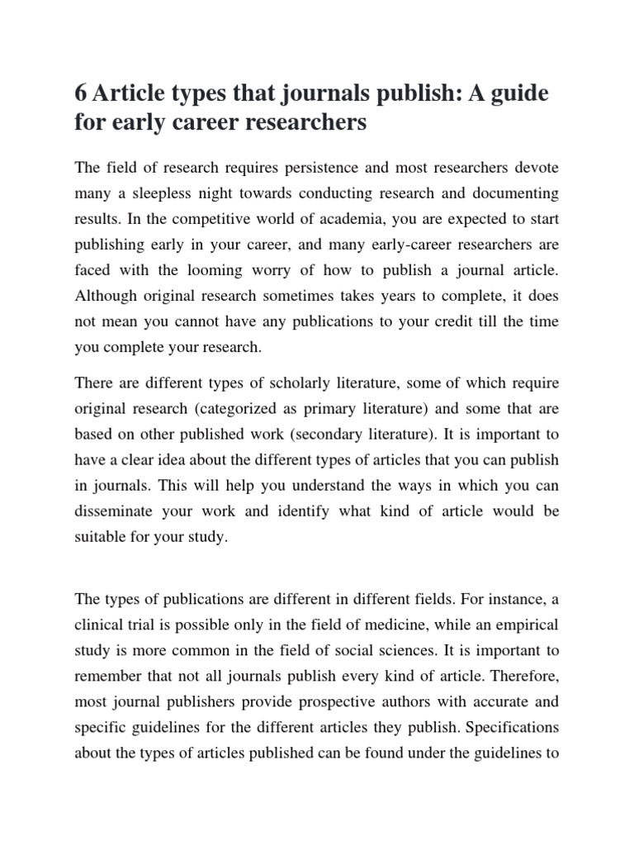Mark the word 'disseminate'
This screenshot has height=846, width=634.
[x=118, y=511]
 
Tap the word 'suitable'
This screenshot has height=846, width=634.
[x=100, y=537]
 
